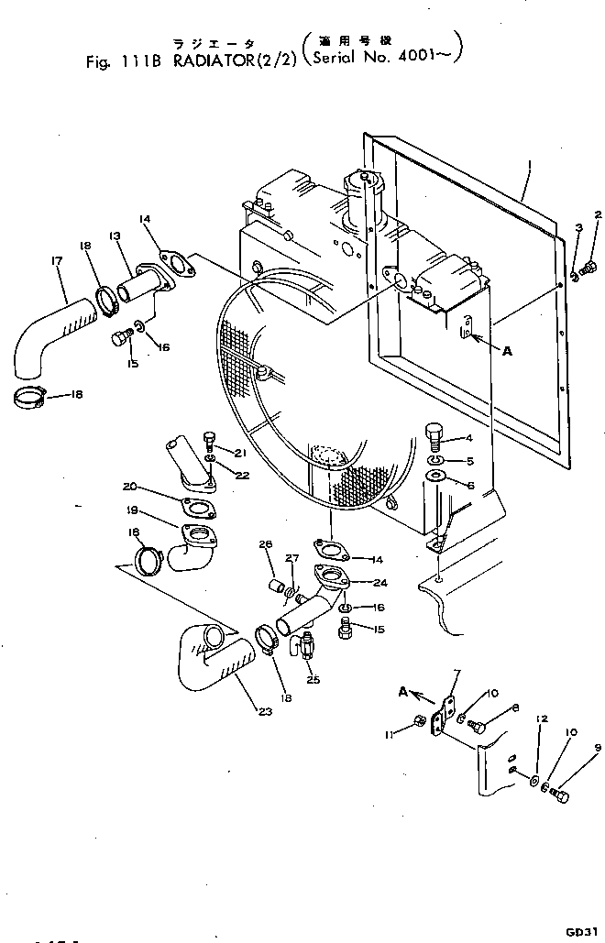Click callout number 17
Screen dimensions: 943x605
click(x=56, y=263)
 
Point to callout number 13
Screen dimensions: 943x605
click(x=115, y=236)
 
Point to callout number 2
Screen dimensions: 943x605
click(x=598, y=216)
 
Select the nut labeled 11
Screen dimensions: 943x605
click(x=420, y=720)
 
